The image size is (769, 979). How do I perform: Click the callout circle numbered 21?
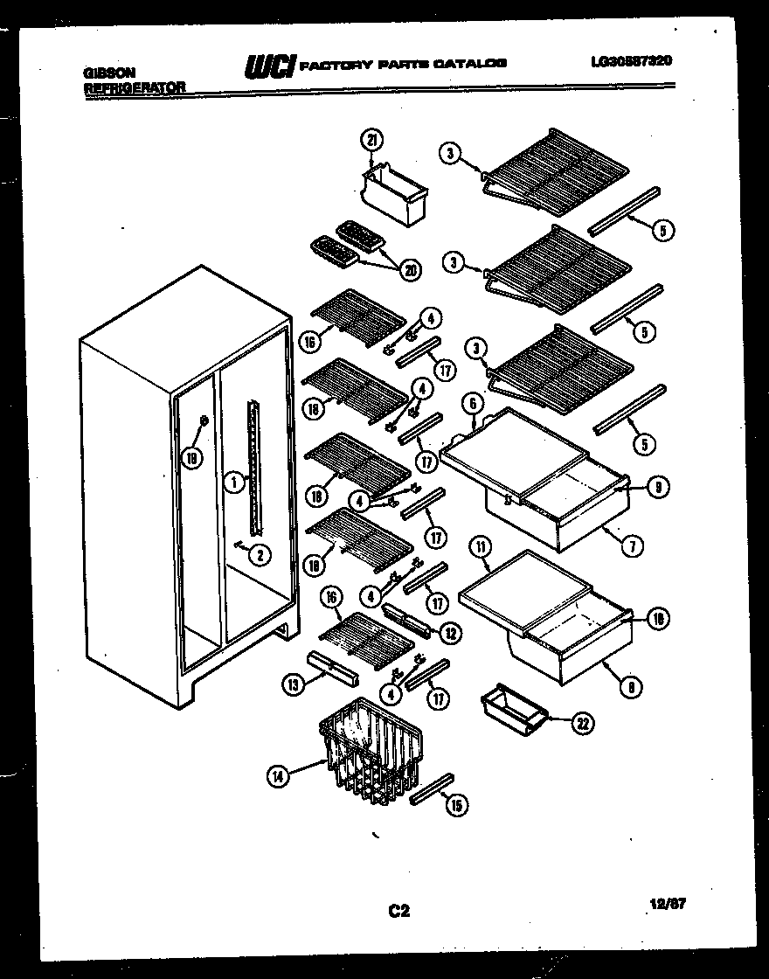pos(371,142)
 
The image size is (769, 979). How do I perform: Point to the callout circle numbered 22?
pos(582,722)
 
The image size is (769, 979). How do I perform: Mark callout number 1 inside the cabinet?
pos(232,480)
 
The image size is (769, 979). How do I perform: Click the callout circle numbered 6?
pos(472,403)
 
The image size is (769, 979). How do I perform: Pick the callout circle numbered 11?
pos(480,549)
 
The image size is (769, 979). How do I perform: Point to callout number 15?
pos(456,805)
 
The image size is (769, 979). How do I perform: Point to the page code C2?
pos(398,912)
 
